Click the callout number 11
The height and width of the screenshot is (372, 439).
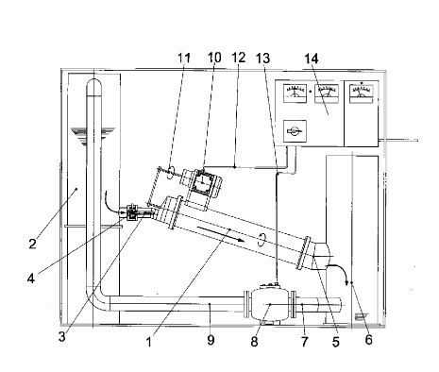(x=184, y=59)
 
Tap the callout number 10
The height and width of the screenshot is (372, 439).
(x=214, y=58)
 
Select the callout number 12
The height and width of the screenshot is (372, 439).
(x=238, y=58)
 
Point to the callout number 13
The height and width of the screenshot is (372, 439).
(x=262, y=59)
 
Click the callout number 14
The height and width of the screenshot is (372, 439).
(x=312, y=59)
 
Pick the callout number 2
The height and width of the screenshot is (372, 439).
(x=32, y=244)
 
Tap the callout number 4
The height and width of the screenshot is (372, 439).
(x=31, y=279)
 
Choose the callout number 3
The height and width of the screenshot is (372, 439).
(x=62, y=337)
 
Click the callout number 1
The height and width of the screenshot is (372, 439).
(x=149, y=342)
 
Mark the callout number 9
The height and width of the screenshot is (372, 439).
(x=211, y=340)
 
